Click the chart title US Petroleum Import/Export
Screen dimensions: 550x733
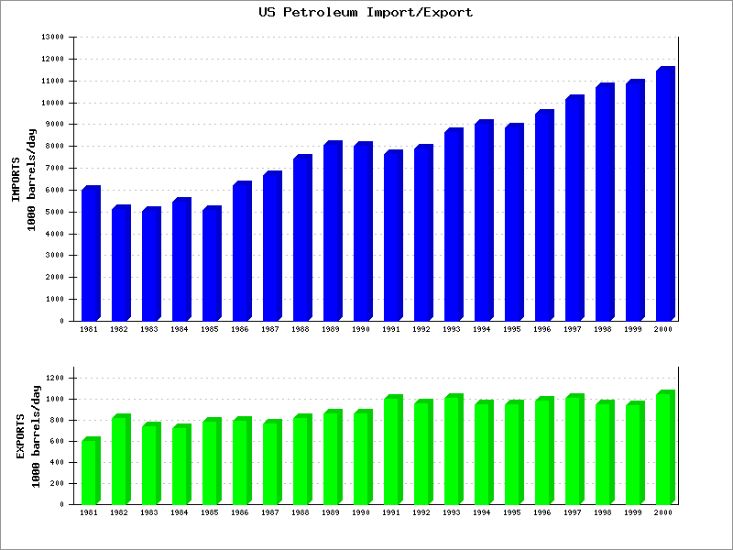click(x=366, y=12)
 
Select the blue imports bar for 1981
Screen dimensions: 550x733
click(x=90, y=254)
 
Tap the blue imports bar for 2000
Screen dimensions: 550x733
click(x=664, y=194)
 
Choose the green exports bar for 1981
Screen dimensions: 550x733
click(x=90, y=472)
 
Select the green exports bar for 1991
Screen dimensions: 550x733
click(x=392, y=451)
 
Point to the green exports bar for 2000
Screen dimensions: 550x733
click(x=664, y=449)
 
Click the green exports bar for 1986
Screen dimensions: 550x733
click(x=241, y=462)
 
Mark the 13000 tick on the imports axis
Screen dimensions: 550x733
click(x=54, y=38)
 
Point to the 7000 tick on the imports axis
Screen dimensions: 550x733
click(x=56, y=168)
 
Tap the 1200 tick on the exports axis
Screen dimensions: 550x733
click(x=58, y=378)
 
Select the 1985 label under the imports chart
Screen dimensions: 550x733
click(x=211, y=328)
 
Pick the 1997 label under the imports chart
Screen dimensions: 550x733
click(x=574, y=328)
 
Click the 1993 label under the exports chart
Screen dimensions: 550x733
click(x=453, y=511)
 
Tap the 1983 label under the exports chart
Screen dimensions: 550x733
click(x=150, y=511)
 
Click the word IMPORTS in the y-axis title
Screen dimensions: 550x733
click(x=16, y=180)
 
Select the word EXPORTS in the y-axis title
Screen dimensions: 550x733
click(x=20, y=436)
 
